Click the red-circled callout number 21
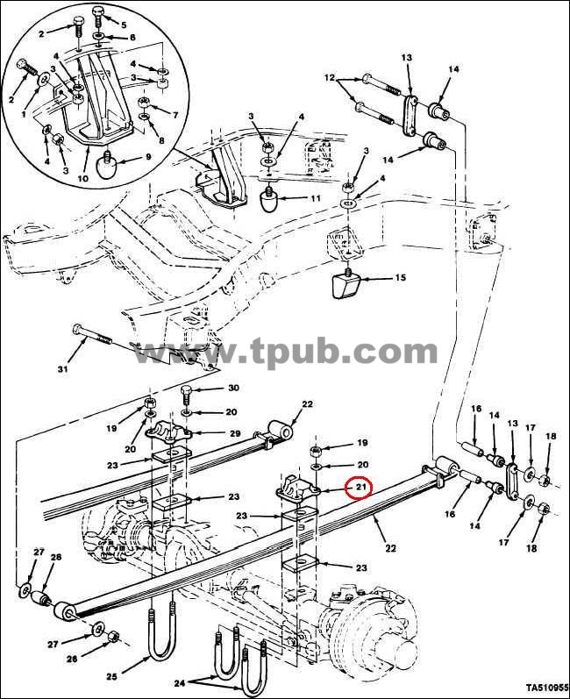coord(360,487)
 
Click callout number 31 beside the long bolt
coord(63,369)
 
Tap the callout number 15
coord(400,277)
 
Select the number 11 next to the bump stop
coord(315,198)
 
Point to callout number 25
coord(111,676)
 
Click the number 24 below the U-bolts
coord(180,682)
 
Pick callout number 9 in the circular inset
coord(148,157)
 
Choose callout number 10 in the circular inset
coord(83,178)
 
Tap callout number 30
coord(233,388)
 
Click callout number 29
coord(235,433)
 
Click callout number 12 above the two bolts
coord(330,77)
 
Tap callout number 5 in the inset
coord(124,25)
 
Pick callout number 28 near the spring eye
coord(56,557)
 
